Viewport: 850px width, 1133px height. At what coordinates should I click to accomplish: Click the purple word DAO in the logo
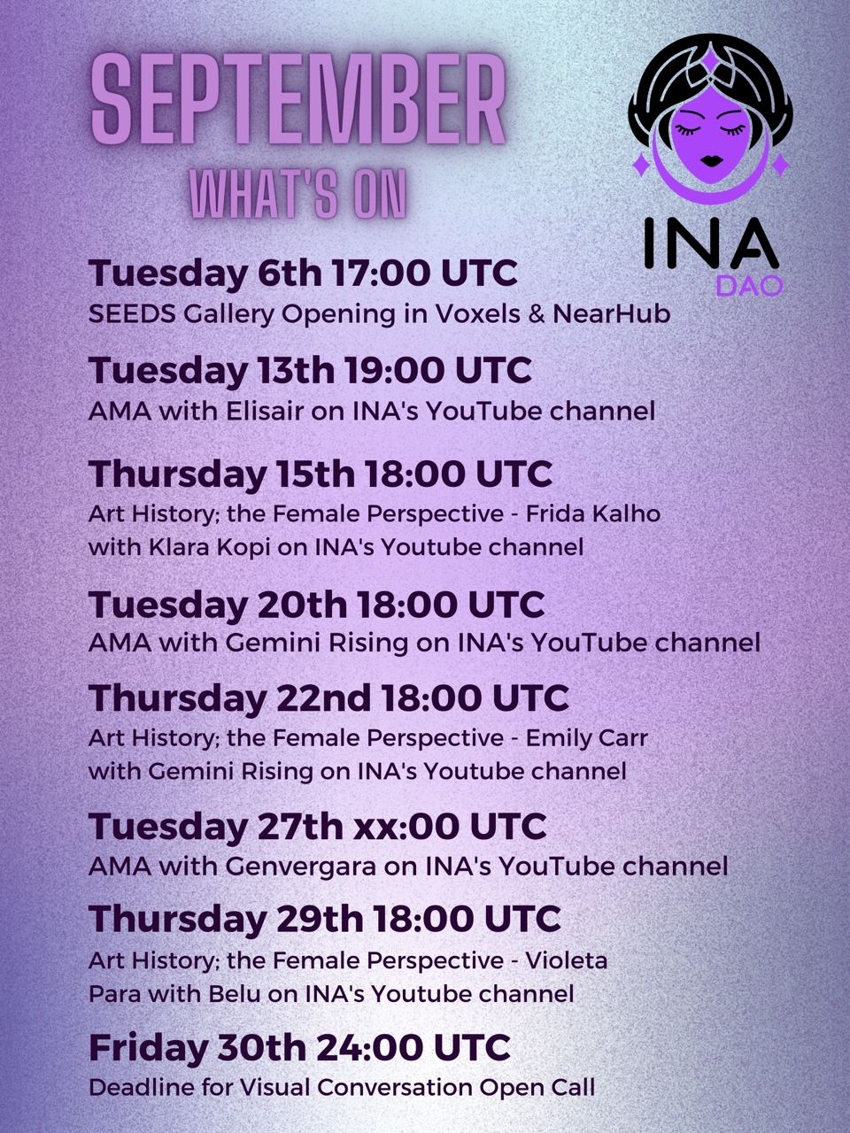coord(749,287)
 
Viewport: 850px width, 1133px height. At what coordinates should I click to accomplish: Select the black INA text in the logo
coord(712,242)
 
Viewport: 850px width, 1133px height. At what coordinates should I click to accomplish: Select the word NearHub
coord(611,314)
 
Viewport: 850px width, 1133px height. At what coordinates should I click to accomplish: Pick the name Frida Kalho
coord(593,513)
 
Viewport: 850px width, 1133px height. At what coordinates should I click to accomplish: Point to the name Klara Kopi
coord(209,547)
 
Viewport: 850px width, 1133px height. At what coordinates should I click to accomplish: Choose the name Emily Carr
coord(586,738)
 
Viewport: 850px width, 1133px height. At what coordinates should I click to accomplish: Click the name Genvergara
coord(300,867)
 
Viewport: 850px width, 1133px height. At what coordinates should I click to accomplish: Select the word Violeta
coord(567,960)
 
